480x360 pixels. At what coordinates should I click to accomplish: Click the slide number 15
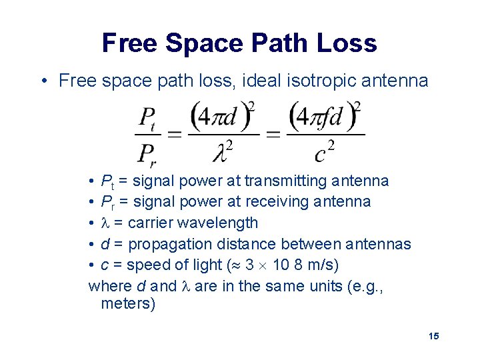pos(433,336)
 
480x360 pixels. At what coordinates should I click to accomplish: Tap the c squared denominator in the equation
pos(324,153)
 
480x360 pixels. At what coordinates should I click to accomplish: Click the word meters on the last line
pos(128,304)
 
